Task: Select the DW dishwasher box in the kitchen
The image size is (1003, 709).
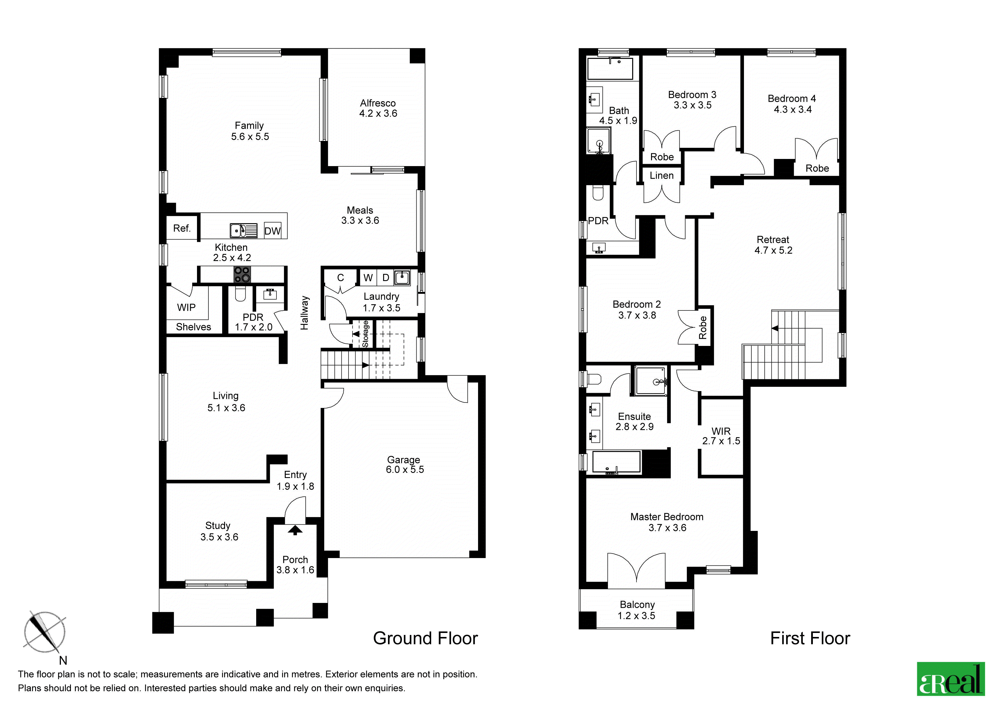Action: pos(272,231)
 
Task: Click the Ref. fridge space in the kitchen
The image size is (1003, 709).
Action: pos(182,228)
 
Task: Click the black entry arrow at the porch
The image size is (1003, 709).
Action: pos(295,530)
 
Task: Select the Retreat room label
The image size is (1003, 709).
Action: pos(773,245)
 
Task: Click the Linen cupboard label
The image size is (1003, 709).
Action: pos(661,176)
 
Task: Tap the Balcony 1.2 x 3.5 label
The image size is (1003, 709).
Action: pos(637,610)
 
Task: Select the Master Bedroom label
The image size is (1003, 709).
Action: pos(667,522)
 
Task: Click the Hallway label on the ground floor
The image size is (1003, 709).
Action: pos(305,313)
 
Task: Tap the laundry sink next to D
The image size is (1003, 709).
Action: pos(402,277)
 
